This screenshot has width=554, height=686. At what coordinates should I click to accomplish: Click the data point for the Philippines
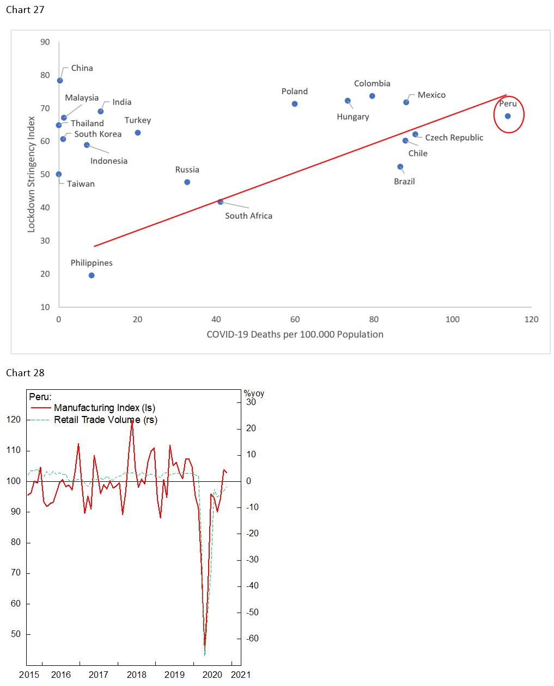pyautogui.click(x=92, y=275)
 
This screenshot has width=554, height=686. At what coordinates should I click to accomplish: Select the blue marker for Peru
pyautogui.click(x=508, y=116)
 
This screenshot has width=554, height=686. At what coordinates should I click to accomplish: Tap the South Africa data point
pyautogui.click(x=221, y=202)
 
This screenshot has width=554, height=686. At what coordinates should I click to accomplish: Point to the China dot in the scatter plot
pyautogui.click(x=60, y=81)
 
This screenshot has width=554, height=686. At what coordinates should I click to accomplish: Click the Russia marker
pyautogui.click(x=187, y=182)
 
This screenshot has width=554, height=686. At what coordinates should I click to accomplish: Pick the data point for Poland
pyautogui.click(x=295, y=104)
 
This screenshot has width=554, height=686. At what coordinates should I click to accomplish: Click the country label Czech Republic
pyautogui.click(x=454, y=138)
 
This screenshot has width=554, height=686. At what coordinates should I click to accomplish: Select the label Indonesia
pyautogui.click(x=109, y=161)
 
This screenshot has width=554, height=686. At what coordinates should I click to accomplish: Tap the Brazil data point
pyautogui.click(x=400, y=167)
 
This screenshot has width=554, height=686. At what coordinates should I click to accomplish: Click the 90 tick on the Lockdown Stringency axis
pyautogui.click(x=45, y=42)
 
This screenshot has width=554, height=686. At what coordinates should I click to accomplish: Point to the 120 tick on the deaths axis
pyautogui.click(x=531, y=320)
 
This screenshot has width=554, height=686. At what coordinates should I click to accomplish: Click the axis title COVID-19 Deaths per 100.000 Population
pyautogui.click(x=295, y=334)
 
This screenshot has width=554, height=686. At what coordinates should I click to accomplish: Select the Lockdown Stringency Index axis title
pyautogui.click(x=31, y=174)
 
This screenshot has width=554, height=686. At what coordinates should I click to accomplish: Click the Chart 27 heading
pyautogui.click(x=25, y=10)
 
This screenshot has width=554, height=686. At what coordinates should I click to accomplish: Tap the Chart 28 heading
pyautogui.click(x=25, y=373)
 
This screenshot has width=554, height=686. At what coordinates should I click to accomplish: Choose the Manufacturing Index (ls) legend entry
pyautogui.click(x=104, y=408)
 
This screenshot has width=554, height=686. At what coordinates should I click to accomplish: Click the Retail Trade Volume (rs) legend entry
pyautogui.click(x=105, y=420)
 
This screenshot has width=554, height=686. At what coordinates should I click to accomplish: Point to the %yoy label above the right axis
pyautogui.click(x=254, y=393)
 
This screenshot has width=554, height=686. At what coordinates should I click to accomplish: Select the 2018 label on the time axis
pyautogui.click(x=137, y=675)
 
